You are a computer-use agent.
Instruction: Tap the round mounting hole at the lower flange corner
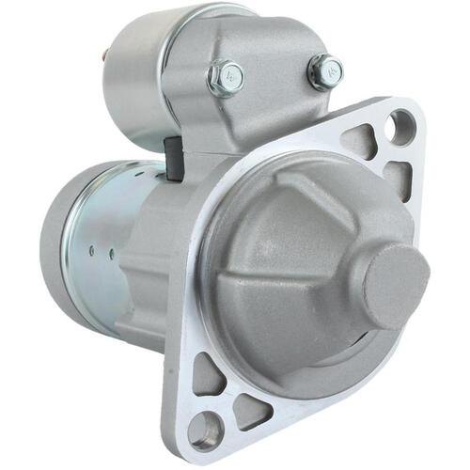pyautogui.click(x=205, y=431)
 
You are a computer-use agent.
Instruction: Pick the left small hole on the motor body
pyautogui.click(x=92, y=251)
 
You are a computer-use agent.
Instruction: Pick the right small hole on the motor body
pyautogui.click(x=112, y=252)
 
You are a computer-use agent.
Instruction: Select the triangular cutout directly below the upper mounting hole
pyautogui.click(x=398, y=177)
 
